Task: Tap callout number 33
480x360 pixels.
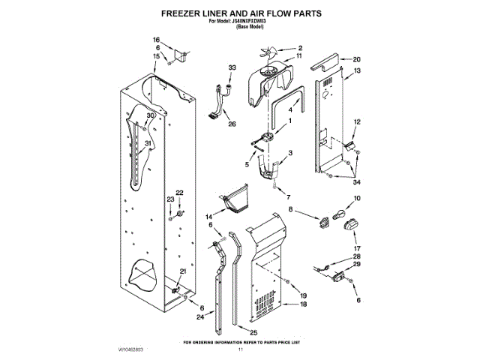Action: tap(232, 67)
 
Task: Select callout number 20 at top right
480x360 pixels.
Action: tap(357, 58)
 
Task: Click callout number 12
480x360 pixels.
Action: tap(357, 121)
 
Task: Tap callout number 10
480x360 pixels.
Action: tap(357, 198)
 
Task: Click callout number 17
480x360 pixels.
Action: tap(357, 248)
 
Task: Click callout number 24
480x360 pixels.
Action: tap(199, 317)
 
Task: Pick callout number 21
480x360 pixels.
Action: tap(182, 271)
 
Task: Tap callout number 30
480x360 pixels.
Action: tap(151, 115)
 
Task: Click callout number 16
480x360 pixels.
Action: tap(157, 39)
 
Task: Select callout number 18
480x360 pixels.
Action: tap(304, 304)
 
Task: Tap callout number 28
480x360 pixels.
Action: tap(357, 256)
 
